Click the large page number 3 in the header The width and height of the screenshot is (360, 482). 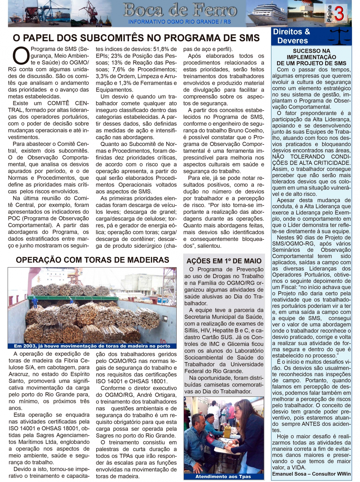[x=339, y=14]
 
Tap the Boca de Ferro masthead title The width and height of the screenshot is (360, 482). [x=180, y=10]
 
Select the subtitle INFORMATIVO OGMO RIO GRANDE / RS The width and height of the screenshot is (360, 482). [x=179, y=22]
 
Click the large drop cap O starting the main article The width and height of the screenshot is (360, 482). [x=20, y=56]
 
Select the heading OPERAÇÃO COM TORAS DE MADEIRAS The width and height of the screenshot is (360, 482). [x=92, y=260]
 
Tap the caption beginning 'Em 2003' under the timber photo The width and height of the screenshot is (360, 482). [x=92, y=346]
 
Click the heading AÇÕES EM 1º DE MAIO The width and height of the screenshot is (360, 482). [x=224, y=261]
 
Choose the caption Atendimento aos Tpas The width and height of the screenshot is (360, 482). [x=223, y=477]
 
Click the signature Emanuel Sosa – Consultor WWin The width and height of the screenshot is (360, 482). [x=311, y=474]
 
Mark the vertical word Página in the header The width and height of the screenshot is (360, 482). [x=329, y=14]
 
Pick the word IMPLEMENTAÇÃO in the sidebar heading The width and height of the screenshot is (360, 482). [x=311, y=57]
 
